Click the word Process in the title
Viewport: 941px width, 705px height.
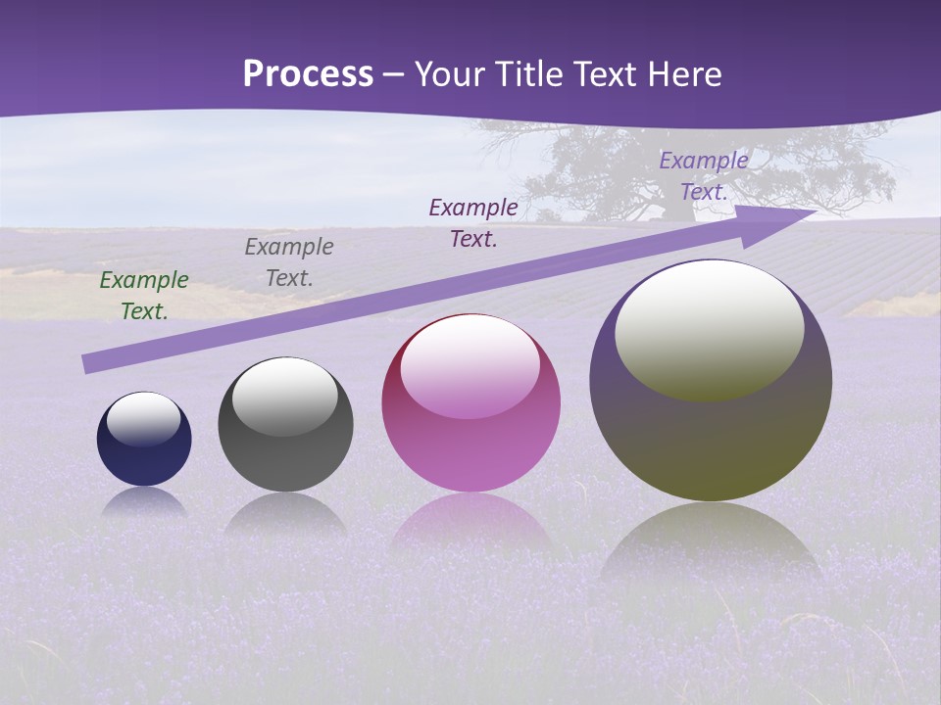click(308, 74)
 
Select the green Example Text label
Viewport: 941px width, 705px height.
click(144, 296)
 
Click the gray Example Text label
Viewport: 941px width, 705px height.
click(289, 262)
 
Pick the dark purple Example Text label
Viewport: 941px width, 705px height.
click(473, 223)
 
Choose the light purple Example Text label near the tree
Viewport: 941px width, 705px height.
click(704, 176)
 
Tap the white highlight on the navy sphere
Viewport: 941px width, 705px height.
click(144, 417)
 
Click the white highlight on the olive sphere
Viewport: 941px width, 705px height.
click(710, 329)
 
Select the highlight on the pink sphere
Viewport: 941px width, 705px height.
click(470, 365)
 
